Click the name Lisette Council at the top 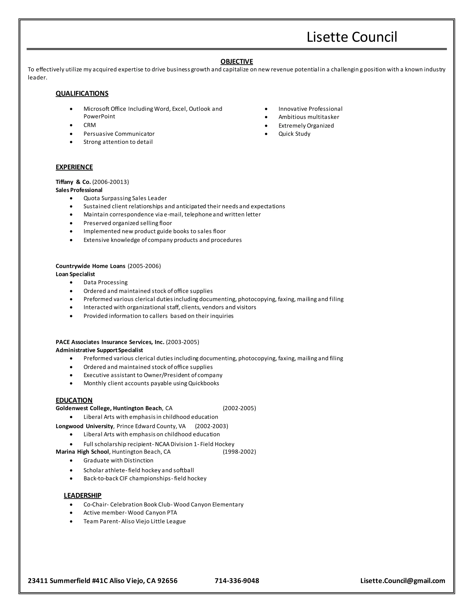click(352, 37)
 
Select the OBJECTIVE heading click(236, 62)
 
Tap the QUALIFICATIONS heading click(82, 94)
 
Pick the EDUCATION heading click(74, 400)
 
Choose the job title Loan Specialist click(75, 274)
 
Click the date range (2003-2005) click(182, 342)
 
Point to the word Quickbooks click(204, 383)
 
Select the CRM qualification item click(89, 125)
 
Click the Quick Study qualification click(294, 134)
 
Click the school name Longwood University click(84, 426)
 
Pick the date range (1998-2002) click(239, 452)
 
